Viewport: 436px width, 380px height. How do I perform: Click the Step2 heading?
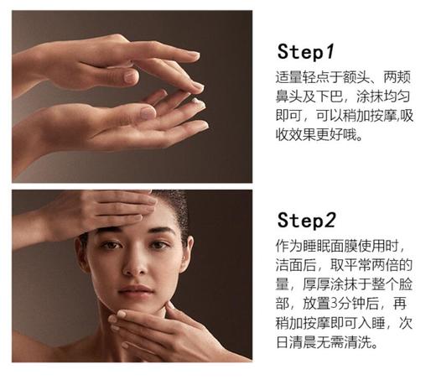click(x=309, y=221)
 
